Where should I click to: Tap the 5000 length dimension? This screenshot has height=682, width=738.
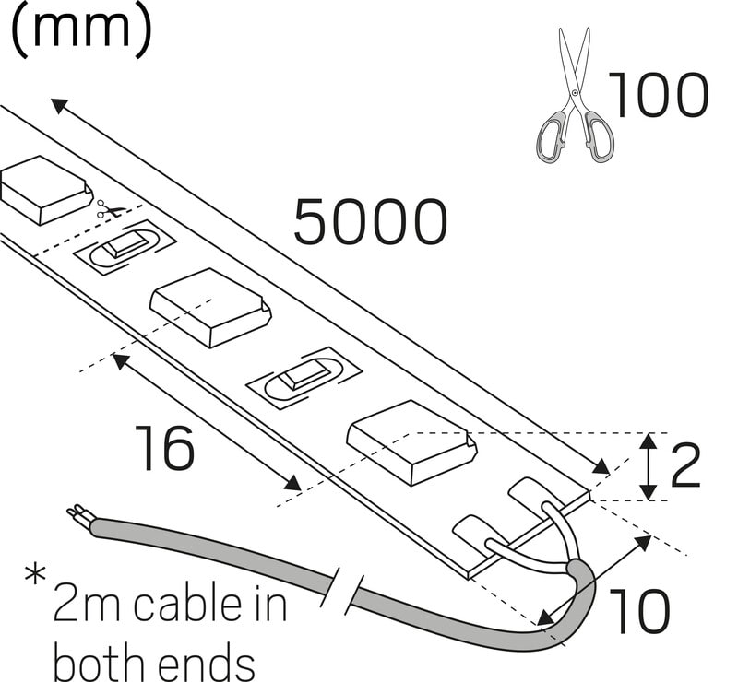point(371,223)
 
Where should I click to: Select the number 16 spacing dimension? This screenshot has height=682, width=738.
point(165,448)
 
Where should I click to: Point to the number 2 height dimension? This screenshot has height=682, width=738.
point(685,466)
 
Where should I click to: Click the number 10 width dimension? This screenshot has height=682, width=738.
point(641,611)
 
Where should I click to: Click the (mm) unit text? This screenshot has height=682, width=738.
point(80,30)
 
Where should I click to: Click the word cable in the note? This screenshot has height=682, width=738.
point(185,604)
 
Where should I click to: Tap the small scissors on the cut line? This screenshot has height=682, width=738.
point(109,210)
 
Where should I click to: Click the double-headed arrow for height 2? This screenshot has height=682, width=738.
point(649,466)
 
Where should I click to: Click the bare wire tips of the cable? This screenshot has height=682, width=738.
point(77,512)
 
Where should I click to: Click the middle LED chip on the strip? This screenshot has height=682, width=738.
point(210,305)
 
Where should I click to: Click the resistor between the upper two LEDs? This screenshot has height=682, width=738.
point(129,245)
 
